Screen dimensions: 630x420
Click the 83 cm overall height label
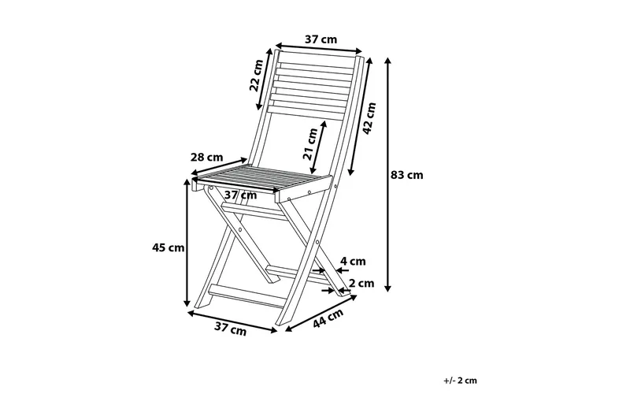point(407,175)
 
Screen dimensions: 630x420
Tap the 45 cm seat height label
point(169,247)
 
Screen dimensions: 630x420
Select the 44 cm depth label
point(328,318)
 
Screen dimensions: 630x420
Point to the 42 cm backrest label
point(369,118)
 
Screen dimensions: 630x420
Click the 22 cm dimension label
point(256,76)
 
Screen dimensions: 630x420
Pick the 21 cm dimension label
point(310,144)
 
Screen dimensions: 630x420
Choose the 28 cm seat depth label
point(206,157)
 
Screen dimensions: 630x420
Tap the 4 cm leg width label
point(353,262)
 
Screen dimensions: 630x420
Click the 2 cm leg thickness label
point(361,284)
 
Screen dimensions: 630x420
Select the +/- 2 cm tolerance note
point(461,381)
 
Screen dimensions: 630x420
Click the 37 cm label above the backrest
point(321,39)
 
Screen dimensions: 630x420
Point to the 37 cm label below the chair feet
point(230,329)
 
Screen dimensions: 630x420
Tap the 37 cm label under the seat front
point(240,195)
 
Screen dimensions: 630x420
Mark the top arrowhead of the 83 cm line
point(387,58)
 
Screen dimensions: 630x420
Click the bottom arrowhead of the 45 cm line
point(187,305)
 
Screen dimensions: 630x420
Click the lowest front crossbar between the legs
point(247,296)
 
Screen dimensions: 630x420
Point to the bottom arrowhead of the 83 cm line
point(387,290)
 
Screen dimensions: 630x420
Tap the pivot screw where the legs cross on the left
point(240,229)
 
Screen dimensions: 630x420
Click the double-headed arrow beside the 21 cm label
point(317,147)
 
